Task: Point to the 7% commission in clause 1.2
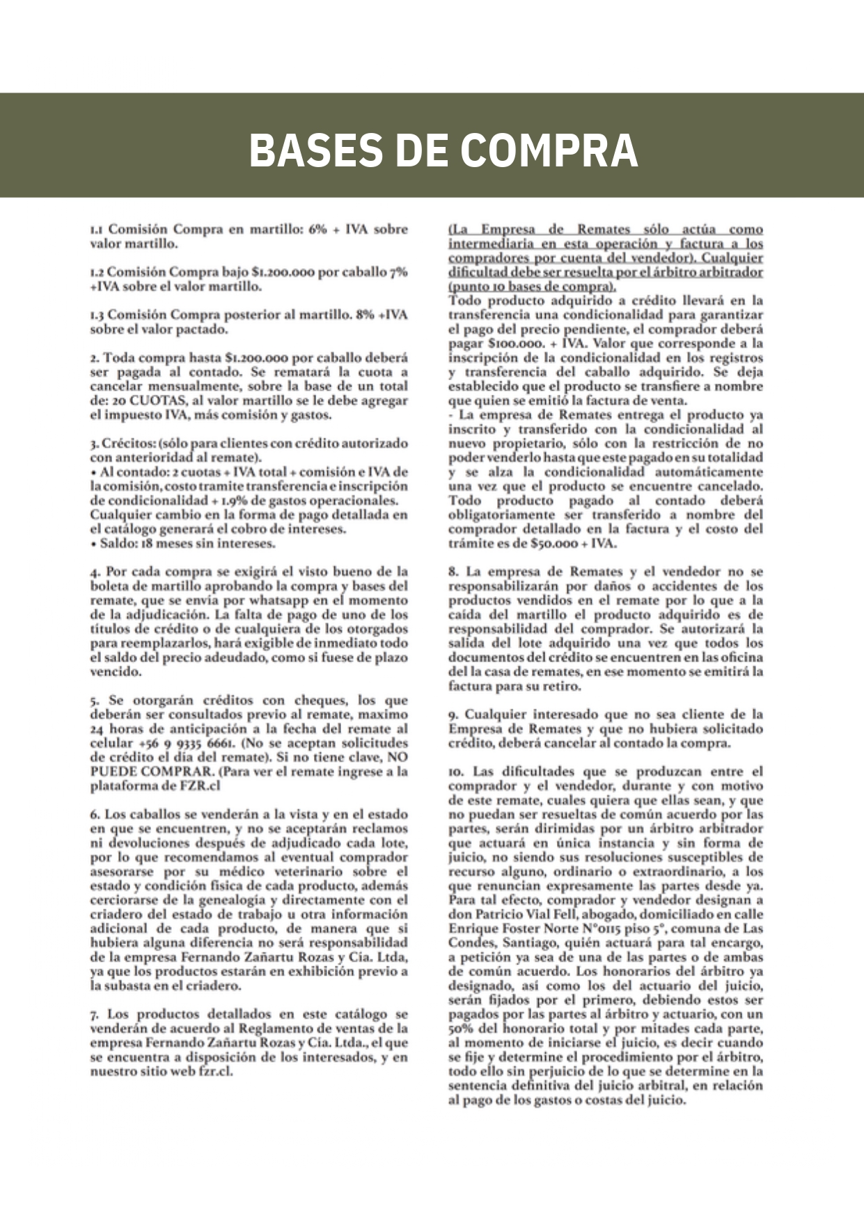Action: (398, 272)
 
